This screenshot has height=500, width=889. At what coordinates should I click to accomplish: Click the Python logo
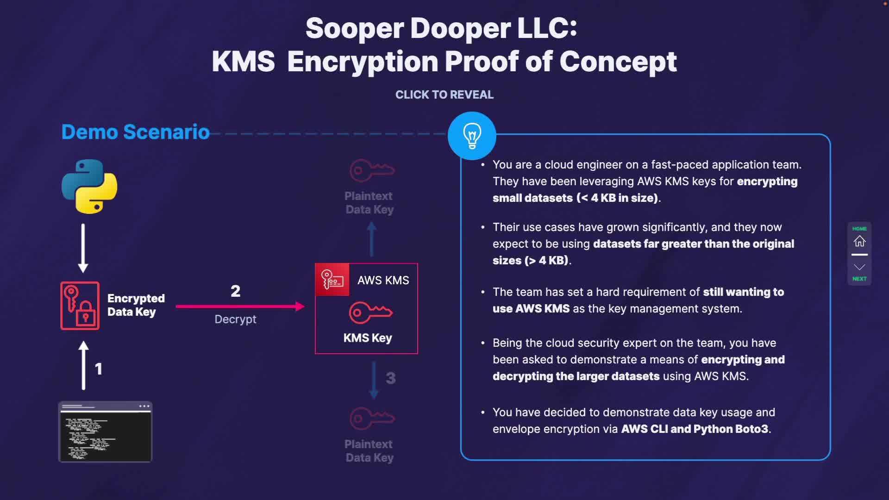[x=89, y=187]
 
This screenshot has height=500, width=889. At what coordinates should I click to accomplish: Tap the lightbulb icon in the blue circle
[x=472, y=136]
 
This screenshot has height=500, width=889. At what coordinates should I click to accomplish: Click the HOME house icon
[x=859, y=241]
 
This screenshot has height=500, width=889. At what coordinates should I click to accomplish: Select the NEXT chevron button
[x=859, y=267]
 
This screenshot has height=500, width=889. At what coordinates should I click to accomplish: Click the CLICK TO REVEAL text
[x=444, y=94]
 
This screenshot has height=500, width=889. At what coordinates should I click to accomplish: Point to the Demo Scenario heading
[x=136, y=132]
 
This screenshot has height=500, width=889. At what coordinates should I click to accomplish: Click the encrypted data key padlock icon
[x=80, y=306]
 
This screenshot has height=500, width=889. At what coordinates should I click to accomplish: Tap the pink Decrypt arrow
[x=240, y=306]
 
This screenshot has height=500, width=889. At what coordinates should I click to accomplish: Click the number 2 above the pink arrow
[x=236, y=291]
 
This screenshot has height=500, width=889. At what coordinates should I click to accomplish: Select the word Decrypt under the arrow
[x=235, y=319]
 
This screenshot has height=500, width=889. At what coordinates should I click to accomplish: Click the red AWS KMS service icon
[x=332, y=280]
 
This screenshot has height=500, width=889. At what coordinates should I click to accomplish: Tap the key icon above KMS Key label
[x=370, y=312]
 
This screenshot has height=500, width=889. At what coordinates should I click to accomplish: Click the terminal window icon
[x=105, y=431]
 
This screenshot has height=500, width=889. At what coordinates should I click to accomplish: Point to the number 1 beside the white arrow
[x=98, y=369]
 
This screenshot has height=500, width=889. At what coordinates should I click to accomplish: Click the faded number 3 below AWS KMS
[x=391, y=378]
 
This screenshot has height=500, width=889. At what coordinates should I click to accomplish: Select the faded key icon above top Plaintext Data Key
[x=372, y=170]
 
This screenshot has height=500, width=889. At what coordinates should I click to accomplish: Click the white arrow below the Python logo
[x=83, y=248]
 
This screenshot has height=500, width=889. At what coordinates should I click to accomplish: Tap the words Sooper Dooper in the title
[x=408, y=28]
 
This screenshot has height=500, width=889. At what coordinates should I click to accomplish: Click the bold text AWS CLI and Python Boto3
[x=695, y=429]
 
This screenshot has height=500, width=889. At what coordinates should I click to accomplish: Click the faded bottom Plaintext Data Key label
[x=369, y=450]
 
